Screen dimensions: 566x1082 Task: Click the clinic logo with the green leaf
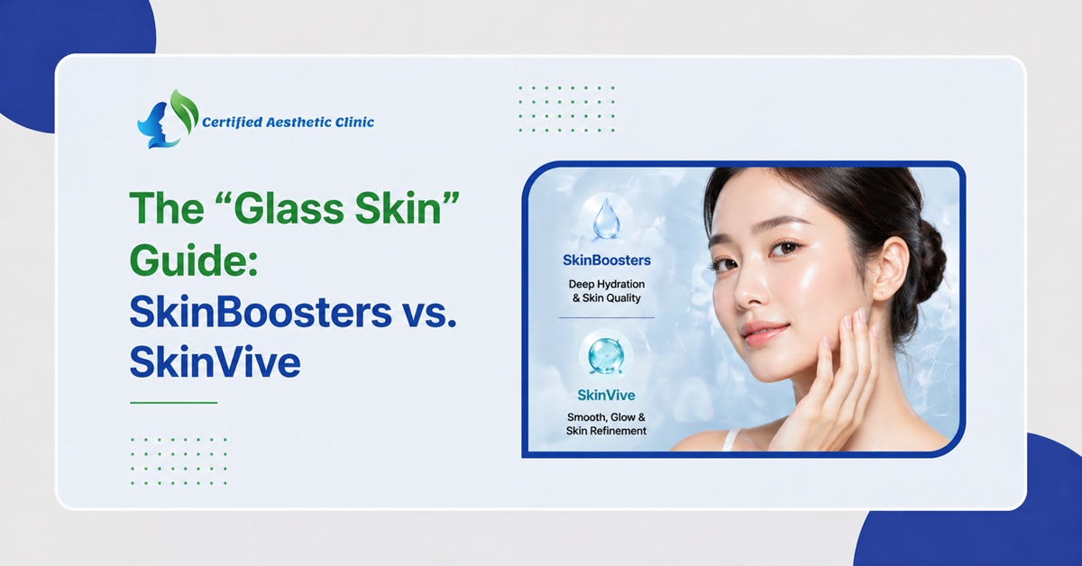click(167, 119)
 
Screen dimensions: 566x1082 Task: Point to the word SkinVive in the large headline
click(215, 362)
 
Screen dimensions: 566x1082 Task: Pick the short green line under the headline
click(173, 402)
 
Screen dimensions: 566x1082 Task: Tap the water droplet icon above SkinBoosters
click(606, 218)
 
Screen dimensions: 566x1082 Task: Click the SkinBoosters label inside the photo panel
click(606, 260)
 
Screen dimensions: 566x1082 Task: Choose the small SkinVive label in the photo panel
click(606, 395)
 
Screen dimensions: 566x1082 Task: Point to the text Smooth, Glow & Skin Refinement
click(606, 424)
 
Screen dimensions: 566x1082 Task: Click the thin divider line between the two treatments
click(606, 317)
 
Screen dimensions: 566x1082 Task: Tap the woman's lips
click(764, 331)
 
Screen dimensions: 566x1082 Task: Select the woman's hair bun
click(929, 257)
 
